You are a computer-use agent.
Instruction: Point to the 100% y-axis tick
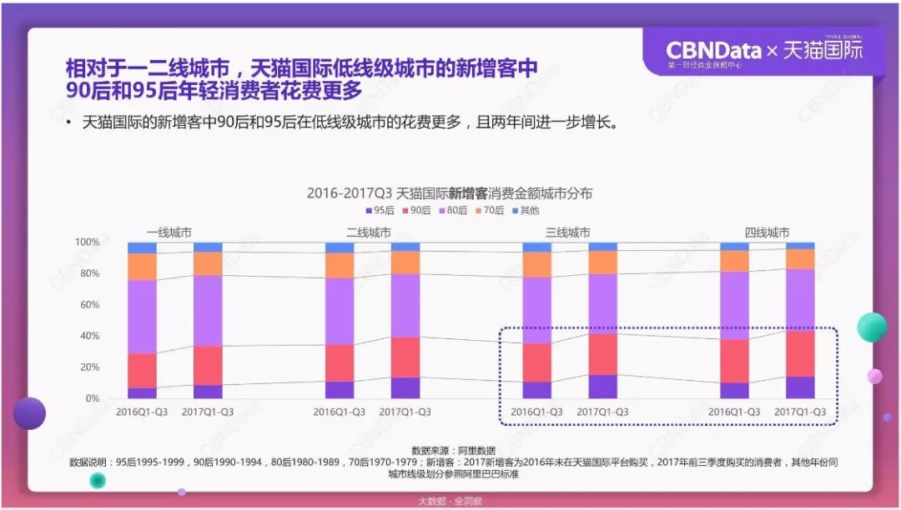pos(87,242)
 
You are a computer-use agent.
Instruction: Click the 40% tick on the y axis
pos(88,336)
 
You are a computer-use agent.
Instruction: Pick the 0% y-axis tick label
pos(92,398)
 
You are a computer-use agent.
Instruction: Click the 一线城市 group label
pos(169,232)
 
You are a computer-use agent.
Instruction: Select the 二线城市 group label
pos(368,232)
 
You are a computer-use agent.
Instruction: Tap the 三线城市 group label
pos(567,232)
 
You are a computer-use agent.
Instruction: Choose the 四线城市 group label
pos(767,232)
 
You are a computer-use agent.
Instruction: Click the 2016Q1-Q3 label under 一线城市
pos(142,412)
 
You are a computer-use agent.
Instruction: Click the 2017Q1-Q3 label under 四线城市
pos(800,412)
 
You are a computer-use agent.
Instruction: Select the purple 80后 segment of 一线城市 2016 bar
pos(142,317)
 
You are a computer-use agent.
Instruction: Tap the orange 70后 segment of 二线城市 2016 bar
pos(340,265)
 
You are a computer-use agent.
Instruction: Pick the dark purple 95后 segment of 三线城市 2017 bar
pos(602,387)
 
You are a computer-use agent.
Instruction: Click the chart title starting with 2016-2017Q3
pos(450,192)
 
